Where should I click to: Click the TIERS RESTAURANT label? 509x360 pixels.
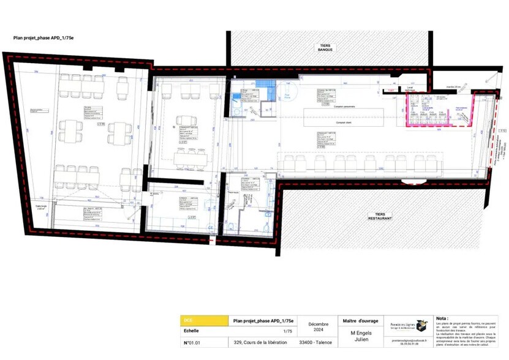(x=380, y=217)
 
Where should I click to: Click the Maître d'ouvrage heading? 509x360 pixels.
(x=361, y=320)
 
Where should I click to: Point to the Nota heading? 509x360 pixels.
(x=442, y=318)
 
